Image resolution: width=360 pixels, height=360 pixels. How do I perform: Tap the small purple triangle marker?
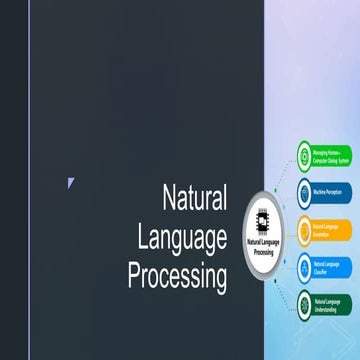(x=71, y=181)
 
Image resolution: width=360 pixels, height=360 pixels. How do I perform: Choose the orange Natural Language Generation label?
(x=329, y=229)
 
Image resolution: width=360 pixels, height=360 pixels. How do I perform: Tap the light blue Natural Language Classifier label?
(x=329, y=265)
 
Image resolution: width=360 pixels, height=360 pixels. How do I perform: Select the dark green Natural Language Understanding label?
(x=329, y=303)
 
